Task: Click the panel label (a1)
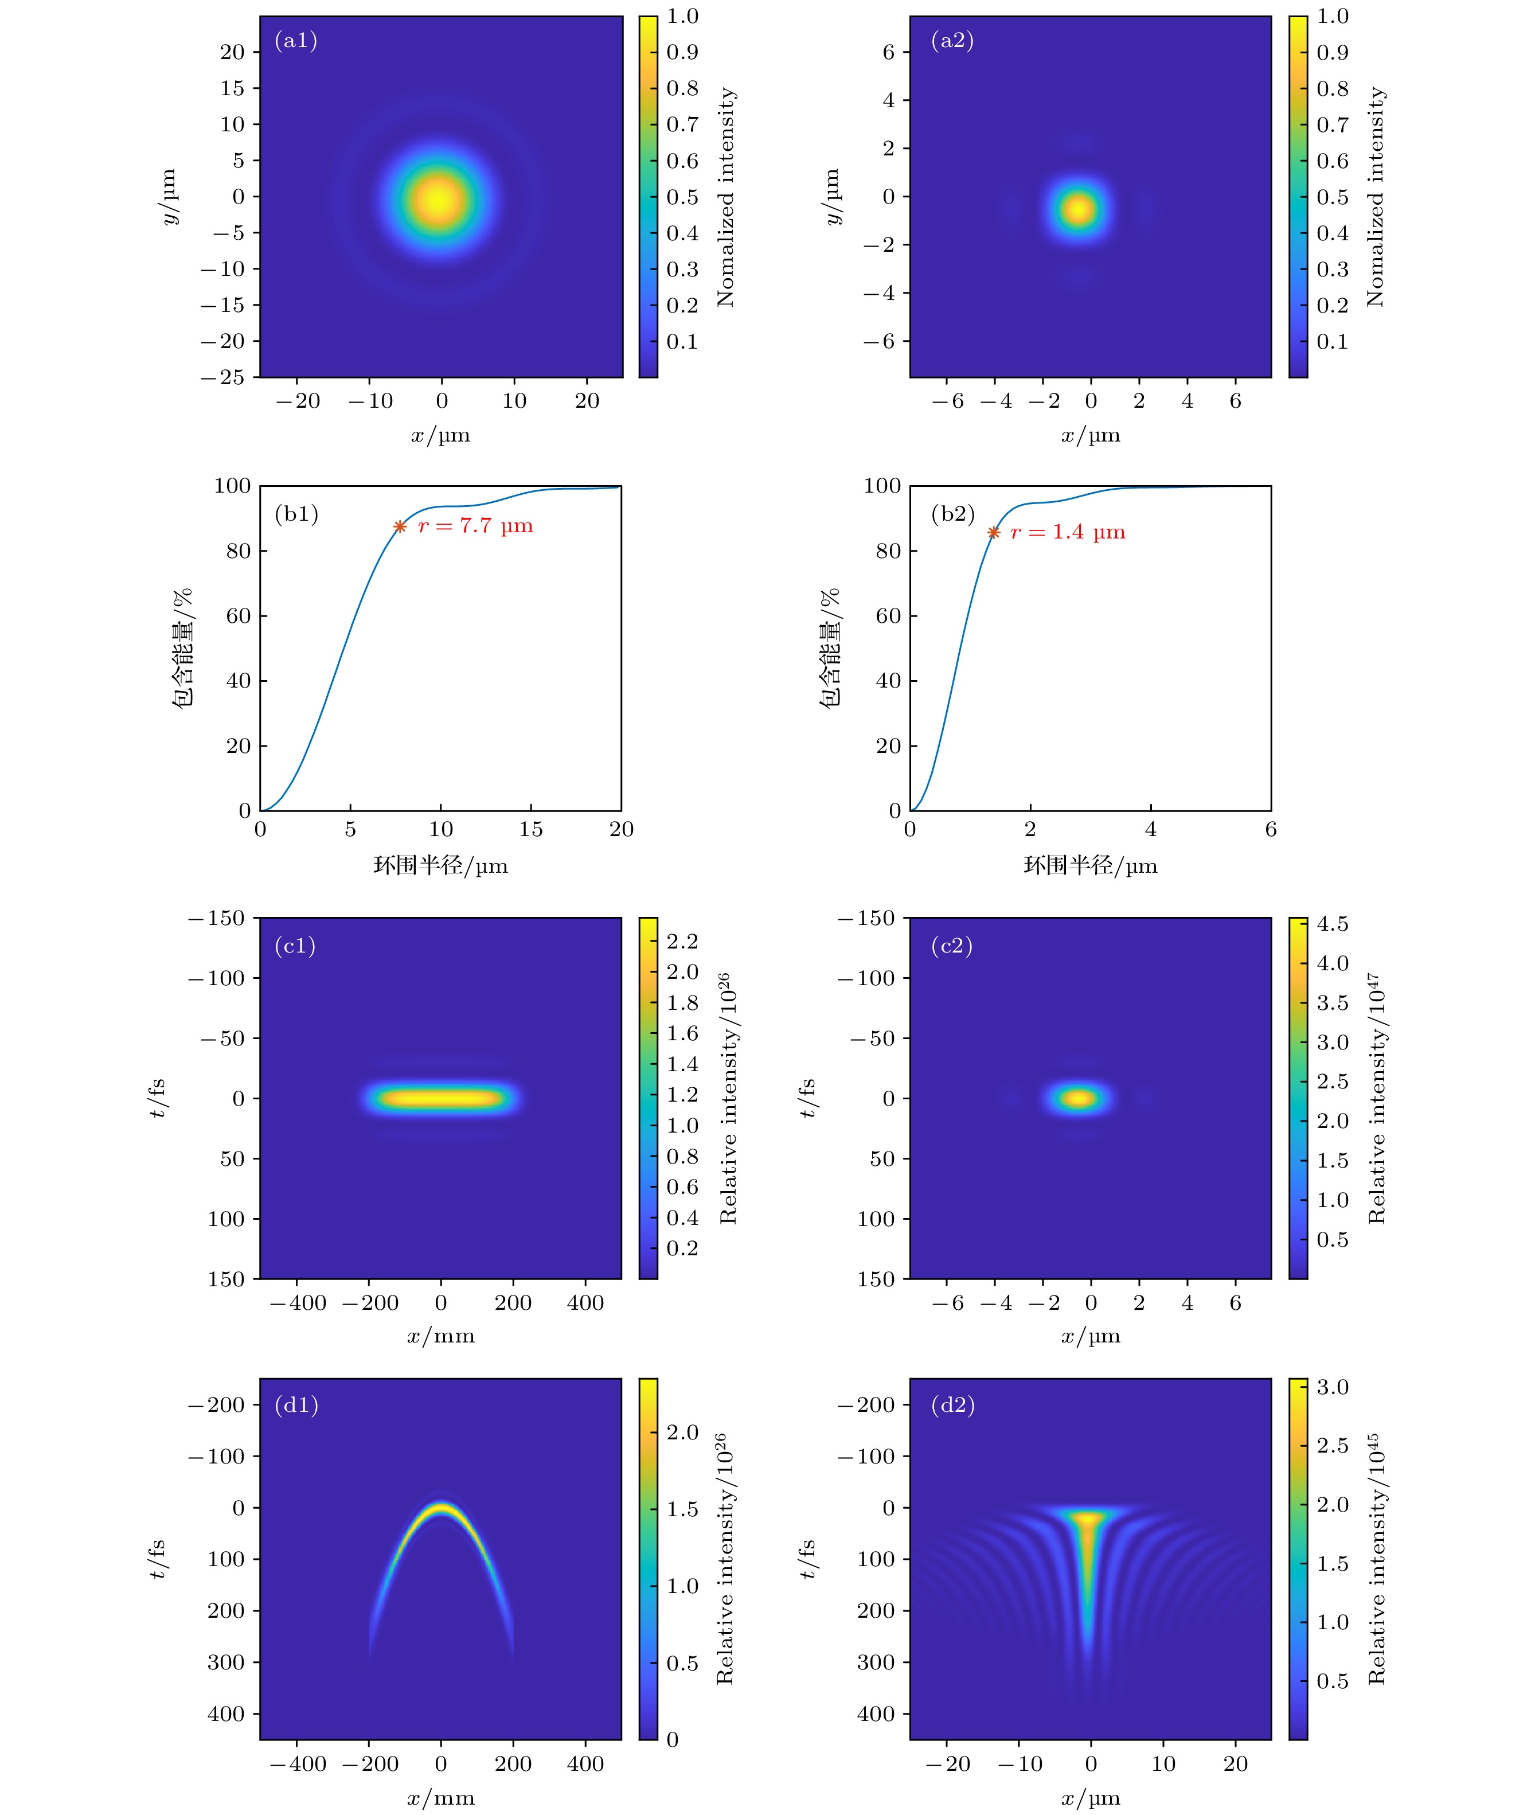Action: coord(296,41)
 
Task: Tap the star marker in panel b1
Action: coord(400,526)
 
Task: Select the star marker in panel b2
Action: coord(993,533)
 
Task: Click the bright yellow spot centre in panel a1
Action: coord(439,199)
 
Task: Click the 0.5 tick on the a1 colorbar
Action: coord(682,197)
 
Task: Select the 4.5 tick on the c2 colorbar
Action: coord(1332,924)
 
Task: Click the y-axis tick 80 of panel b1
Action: coord(239,551)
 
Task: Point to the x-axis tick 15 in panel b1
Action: coord(531,829)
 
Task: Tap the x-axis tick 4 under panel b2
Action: coord(1150,829)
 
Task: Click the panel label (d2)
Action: coord(953,1405)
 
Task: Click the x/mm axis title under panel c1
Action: coord(440,1336)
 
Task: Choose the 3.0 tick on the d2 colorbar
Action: coord(1332,1387)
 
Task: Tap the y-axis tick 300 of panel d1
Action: coord(226,1662)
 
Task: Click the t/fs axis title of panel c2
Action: coord(807,1098)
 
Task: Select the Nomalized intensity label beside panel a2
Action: coord(1375,197)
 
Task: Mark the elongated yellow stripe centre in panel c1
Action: coord(441,1098)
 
